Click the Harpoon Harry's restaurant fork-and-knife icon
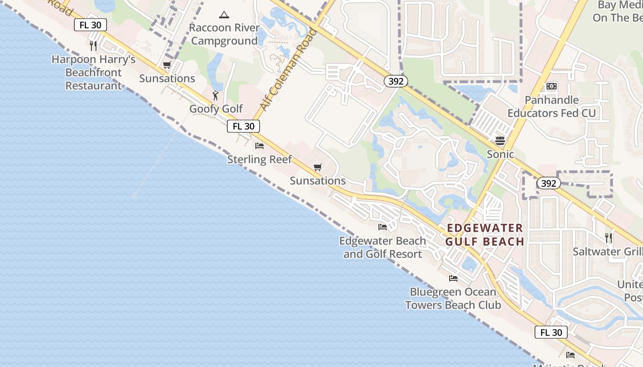point(93,45)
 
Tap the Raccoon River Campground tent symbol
point(224,15)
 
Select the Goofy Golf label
point(216,109)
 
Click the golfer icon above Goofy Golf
point(215,95)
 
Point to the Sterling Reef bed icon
point(259,146)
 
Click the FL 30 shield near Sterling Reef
point(243,126)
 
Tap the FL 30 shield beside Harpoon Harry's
point(90,25)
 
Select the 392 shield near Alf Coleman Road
point(395,81)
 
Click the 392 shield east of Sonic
point(548,183)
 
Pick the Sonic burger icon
point(500,140)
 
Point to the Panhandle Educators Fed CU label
point(552,106)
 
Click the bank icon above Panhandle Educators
point(552,86)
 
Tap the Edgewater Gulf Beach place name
point(485,235)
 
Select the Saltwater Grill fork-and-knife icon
point(609,238)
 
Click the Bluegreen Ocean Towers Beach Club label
point(453,298)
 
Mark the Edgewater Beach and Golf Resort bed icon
point(383,227)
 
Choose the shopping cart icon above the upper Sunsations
point(167,65)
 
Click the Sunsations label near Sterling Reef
point(318,181)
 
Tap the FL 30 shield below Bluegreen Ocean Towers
point(551,333)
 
